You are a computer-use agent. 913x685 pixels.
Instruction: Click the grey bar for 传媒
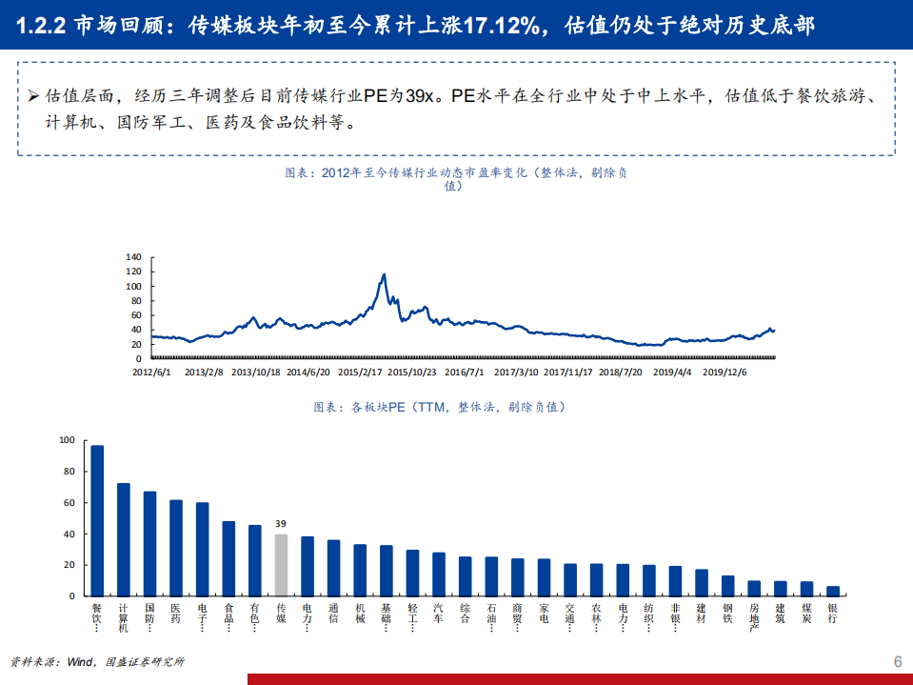tap(281, 565)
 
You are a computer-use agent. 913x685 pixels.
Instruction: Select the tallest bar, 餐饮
tap(97, 520)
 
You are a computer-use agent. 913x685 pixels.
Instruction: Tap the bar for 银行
tap(832, 591)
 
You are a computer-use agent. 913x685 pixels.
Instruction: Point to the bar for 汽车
tap(439, 574)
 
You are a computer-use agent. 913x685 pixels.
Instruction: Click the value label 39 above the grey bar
tap(281, 524)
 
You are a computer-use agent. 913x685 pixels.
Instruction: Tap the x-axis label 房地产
tap(754, 616)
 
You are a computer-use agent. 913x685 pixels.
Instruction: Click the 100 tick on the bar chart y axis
tap(66, 440)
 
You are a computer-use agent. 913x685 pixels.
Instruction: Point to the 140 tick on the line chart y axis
tap(132, 257)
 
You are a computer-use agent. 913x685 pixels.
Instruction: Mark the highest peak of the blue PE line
tap(384, 274)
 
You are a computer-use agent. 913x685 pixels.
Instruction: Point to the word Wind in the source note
tap(80, 662)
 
